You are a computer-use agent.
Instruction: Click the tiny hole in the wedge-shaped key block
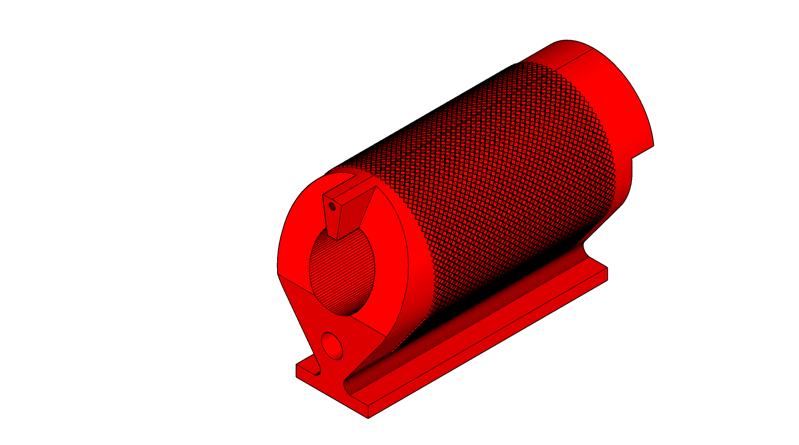click(332, 207)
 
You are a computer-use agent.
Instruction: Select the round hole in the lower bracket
click(332, 346)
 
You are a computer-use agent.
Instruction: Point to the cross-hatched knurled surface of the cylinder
click(504, 170)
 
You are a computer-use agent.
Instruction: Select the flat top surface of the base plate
click(463, 329)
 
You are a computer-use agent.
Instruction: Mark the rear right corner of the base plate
click(607, 268)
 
